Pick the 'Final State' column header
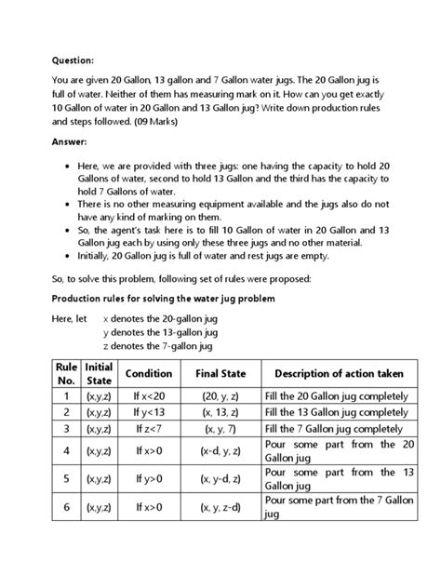pos(220,373)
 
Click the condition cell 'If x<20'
pos(148,395)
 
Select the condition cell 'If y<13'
pos(148,412)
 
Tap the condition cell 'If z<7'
pos(148,429)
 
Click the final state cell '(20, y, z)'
pos(220,395)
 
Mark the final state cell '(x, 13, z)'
pos(220,412)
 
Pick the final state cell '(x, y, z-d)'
pos(220,507)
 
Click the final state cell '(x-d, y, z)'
pos(220,451)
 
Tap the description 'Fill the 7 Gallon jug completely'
pos(336,429)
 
